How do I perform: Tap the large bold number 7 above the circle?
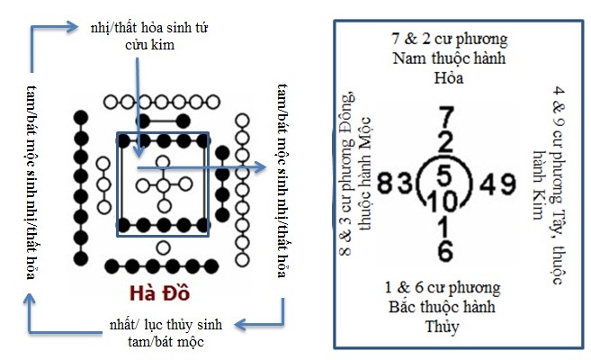coord(445,118)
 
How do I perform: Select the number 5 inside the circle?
coord(445,171)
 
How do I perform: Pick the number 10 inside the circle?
coord(445,196)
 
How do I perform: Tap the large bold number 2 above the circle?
coord(445,142)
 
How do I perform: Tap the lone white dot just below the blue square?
coord(162,247)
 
